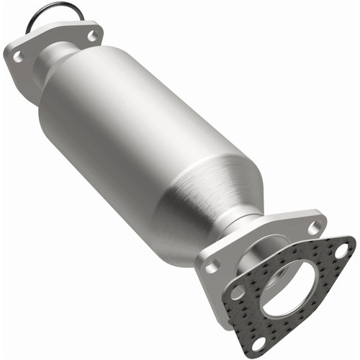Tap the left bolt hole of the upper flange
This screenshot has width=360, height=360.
click(x=19, y=56)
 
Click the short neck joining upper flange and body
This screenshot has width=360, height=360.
click(x=63, y=55)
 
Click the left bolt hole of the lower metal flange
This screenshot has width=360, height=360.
click(x=211, y=266)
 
